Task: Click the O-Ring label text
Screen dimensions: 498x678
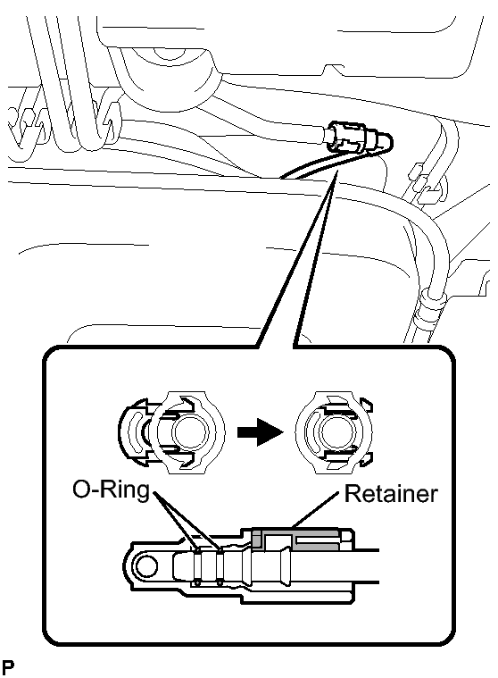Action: click(111, 490)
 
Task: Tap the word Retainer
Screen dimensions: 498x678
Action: click(391, 493)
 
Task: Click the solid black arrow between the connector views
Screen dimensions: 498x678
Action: click(260, 431)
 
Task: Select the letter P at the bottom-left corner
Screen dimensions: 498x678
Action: click(7, 667)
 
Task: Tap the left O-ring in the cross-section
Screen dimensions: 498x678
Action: click(198, 566)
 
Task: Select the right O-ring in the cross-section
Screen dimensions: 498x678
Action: click(220, 566)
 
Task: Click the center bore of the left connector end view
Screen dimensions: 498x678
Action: click(190, 433)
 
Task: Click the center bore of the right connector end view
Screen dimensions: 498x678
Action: click(337, 433)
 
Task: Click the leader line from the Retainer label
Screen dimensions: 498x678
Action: click(315, 510)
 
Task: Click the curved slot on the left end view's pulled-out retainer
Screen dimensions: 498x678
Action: click(134, 432)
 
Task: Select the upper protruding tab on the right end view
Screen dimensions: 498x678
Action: click(366, 405)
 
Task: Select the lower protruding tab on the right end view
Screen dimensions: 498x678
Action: click(366, 461)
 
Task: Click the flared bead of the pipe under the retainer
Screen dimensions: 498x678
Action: click(285, 565)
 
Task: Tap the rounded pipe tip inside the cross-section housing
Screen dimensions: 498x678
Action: click(182, 566)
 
